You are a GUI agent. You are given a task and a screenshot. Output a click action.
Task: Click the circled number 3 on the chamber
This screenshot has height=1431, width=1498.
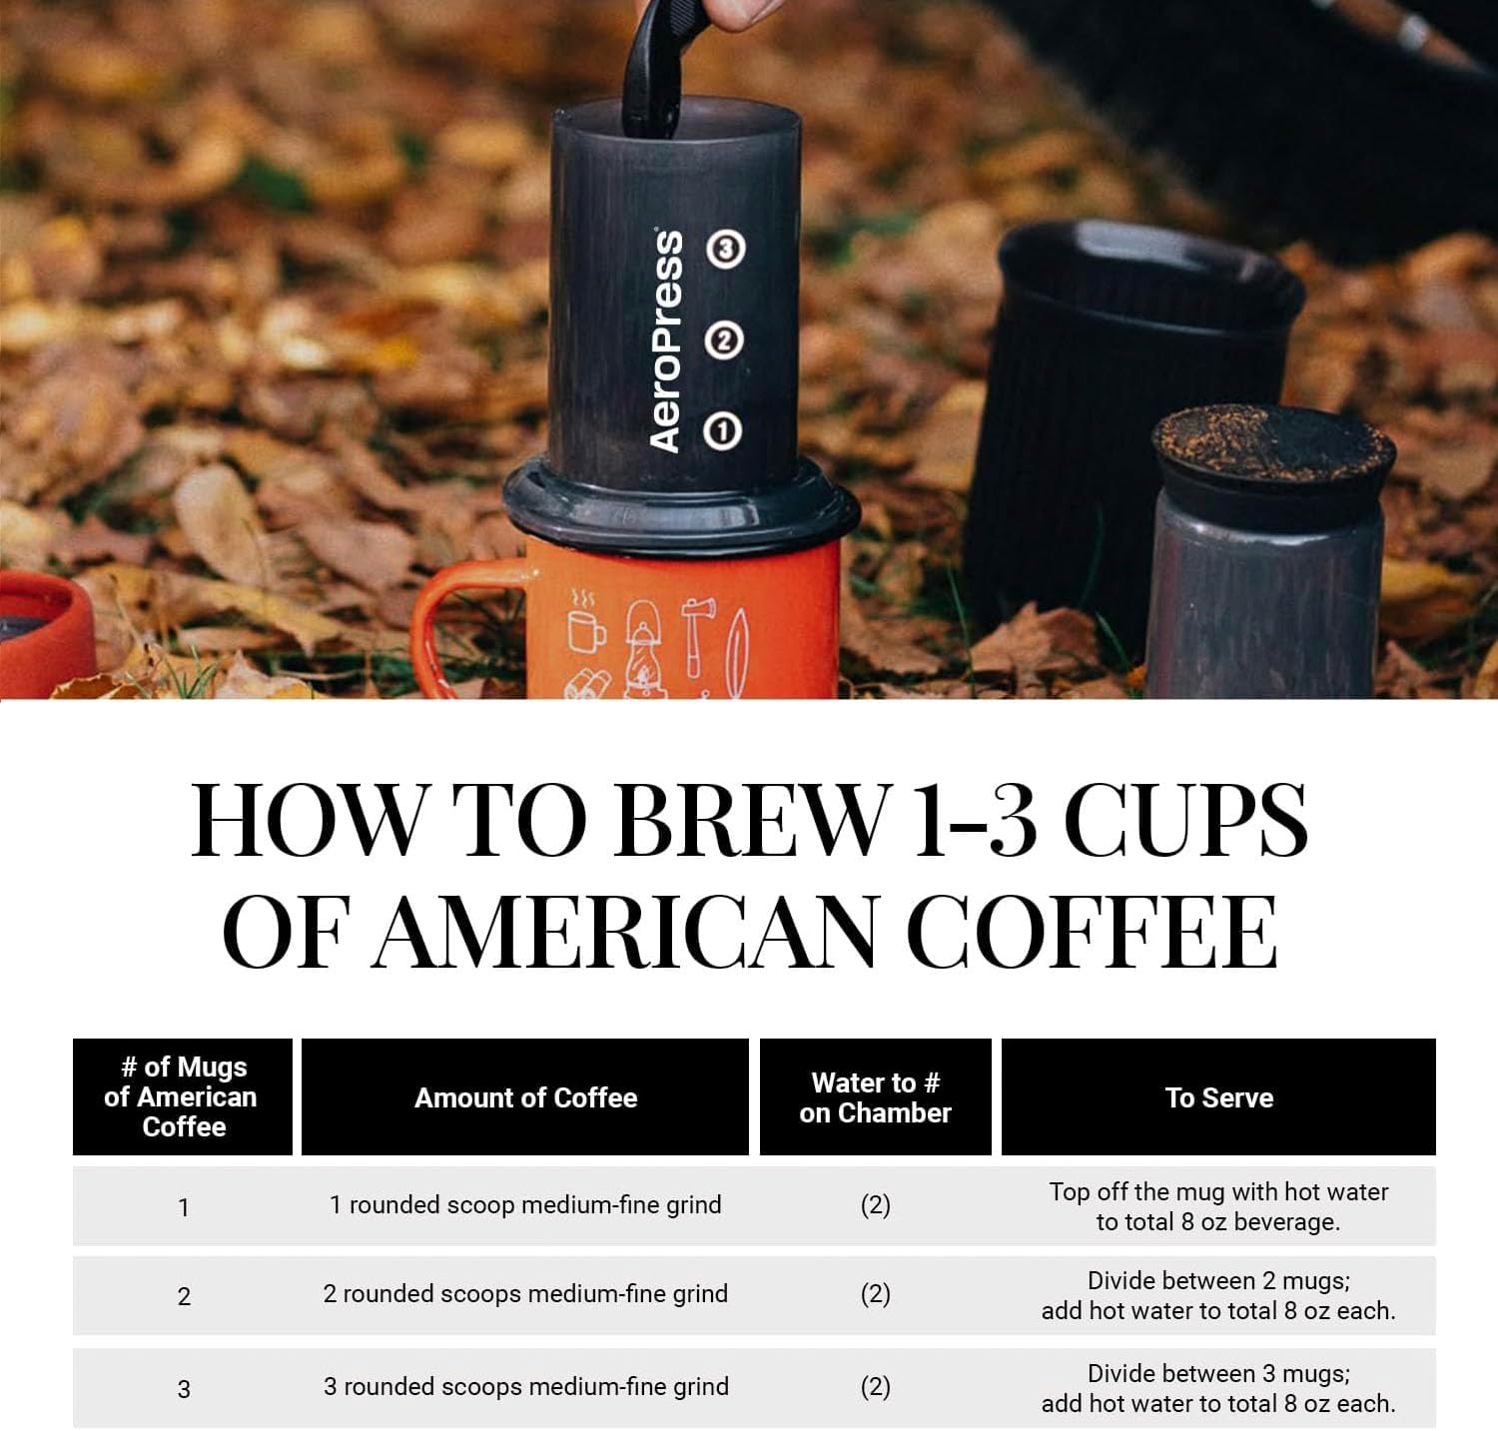(725, 249)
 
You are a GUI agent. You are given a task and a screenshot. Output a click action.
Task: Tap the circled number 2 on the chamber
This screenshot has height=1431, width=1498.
(724, 341)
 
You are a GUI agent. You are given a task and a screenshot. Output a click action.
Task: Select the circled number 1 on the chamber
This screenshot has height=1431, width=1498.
(722, 431)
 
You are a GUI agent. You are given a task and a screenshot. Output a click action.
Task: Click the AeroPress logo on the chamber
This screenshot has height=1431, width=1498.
(666, 342)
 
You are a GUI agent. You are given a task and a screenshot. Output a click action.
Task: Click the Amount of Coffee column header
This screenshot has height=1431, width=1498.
(525, 1097)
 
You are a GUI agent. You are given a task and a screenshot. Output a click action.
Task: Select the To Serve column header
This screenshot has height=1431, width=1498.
(1218, 1097)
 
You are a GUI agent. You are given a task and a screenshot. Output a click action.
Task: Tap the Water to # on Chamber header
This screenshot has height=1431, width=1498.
(875, 1097)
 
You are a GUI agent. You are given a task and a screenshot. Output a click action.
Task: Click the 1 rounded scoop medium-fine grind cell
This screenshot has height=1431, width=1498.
(525, 1204)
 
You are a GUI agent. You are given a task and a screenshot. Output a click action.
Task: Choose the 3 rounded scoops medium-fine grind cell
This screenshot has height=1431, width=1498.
(525, 1386)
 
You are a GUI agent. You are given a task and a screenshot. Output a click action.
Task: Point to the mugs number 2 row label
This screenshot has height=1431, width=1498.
(184, 1296)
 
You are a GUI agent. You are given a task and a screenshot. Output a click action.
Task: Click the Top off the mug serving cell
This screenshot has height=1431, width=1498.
(1218, 1206)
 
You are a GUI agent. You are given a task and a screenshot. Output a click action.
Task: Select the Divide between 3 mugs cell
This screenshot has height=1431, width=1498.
(1218, 1388)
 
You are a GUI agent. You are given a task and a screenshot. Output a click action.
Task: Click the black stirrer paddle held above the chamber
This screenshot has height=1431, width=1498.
(653, 70)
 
